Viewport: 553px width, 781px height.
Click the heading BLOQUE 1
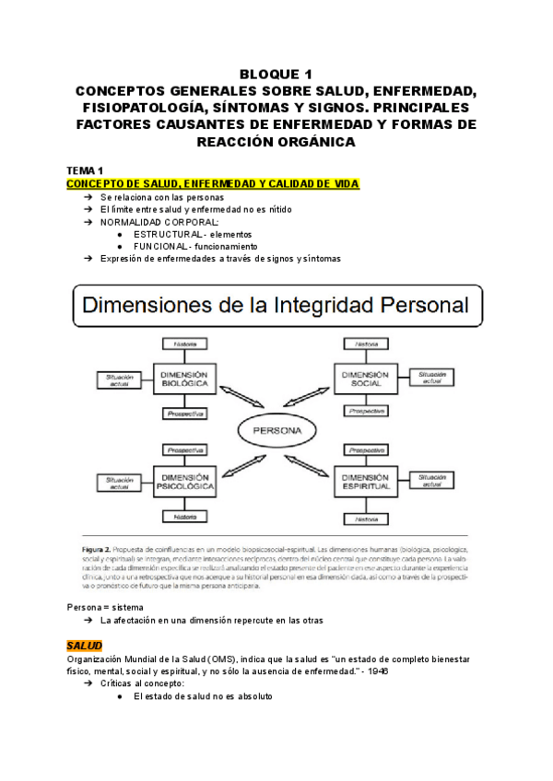(x=276, y=75)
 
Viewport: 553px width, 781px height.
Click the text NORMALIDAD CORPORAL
(x=159, y=222)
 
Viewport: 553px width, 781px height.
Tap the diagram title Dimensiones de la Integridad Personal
(x=276, y=304)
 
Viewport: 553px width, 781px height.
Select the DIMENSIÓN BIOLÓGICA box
(x=188, y=379)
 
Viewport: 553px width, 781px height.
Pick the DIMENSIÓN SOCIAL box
(x=366, y=379)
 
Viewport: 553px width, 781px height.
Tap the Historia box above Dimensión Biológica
(x=187, y=344)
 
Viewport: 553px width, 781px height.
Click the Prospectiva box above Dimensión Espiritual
(x=365, y=450)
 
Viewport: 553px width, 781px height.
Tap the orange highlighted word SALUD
(x=85, y=645)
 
